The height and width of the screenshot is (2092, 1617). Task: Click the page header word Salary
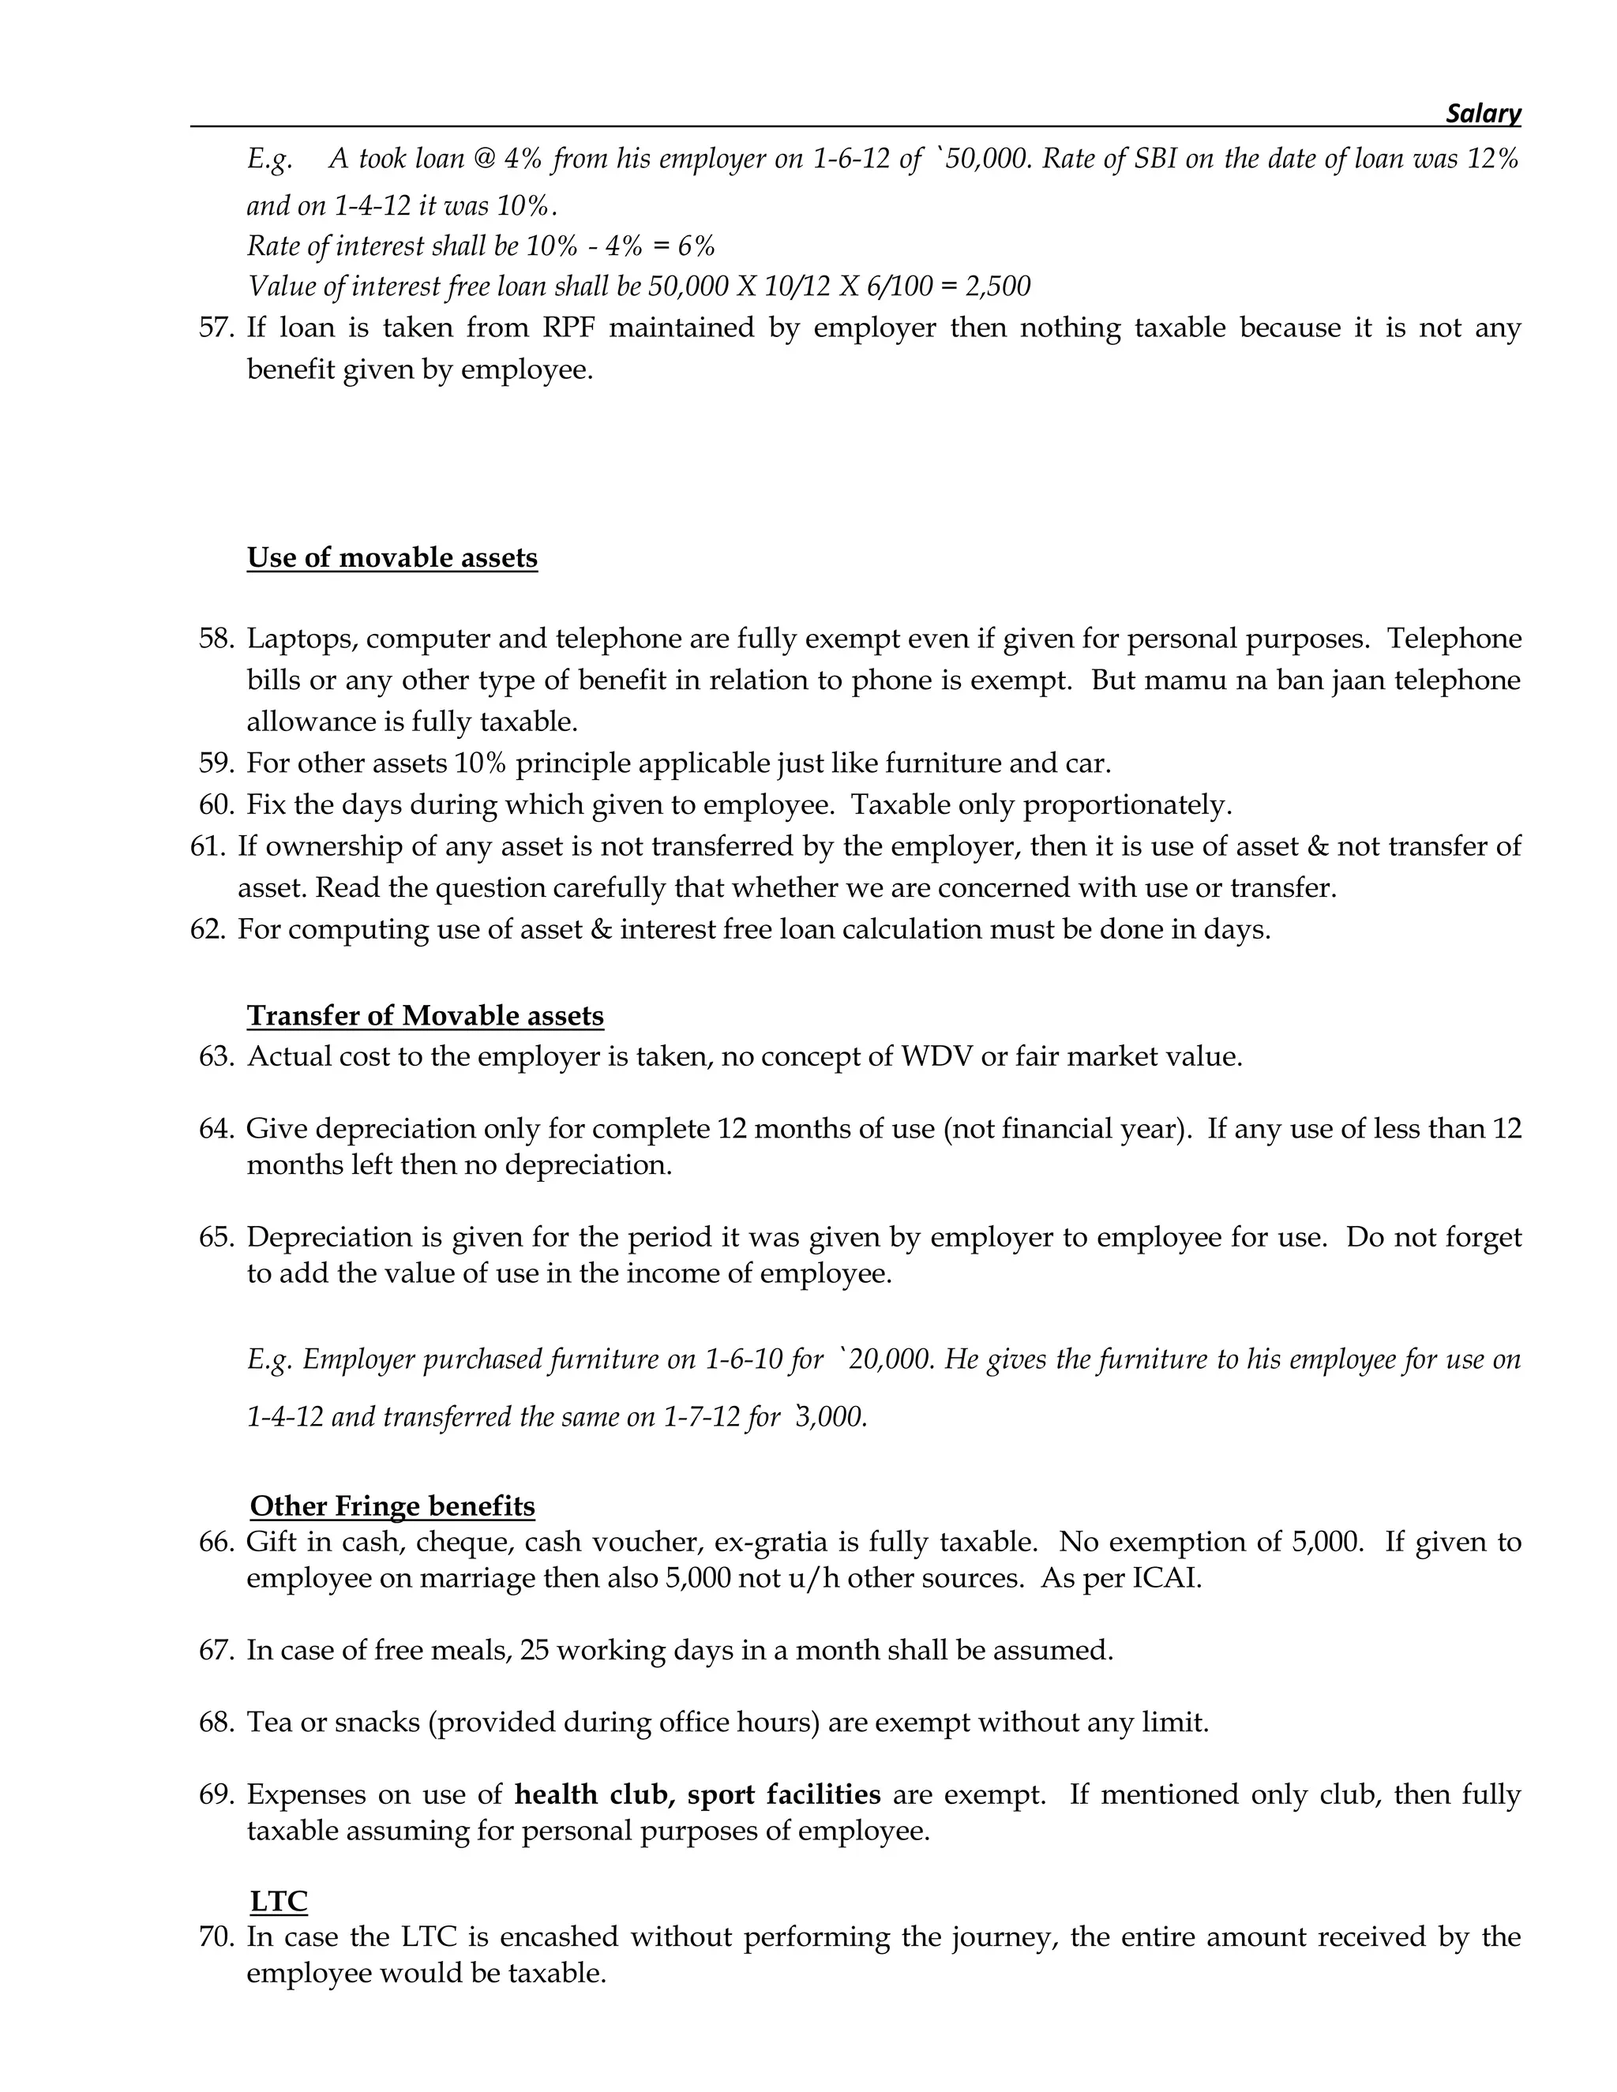(1482, 114)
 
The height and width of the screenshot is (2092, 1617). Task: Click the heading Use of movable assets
(392, 557)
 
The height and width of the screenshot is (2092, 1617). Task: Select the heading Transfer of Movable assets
(426, 1015)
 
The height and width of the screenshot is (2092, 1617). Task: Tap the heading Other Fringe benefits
(392, 1505)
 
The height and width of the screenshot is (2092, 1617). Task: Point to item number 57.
(216, 328)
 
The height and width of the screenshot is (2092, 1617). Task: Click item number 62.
(208, 929)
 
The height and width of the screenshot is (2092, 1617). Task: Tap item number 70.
(216, 1936)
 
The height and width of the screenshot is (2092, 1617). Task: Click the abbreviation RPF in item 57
(568, 328)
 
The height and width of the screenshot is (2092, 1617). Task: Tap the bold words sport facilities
(783, 1794)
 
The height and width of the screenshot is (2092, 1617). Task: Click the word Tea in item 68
(269, 1723)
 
